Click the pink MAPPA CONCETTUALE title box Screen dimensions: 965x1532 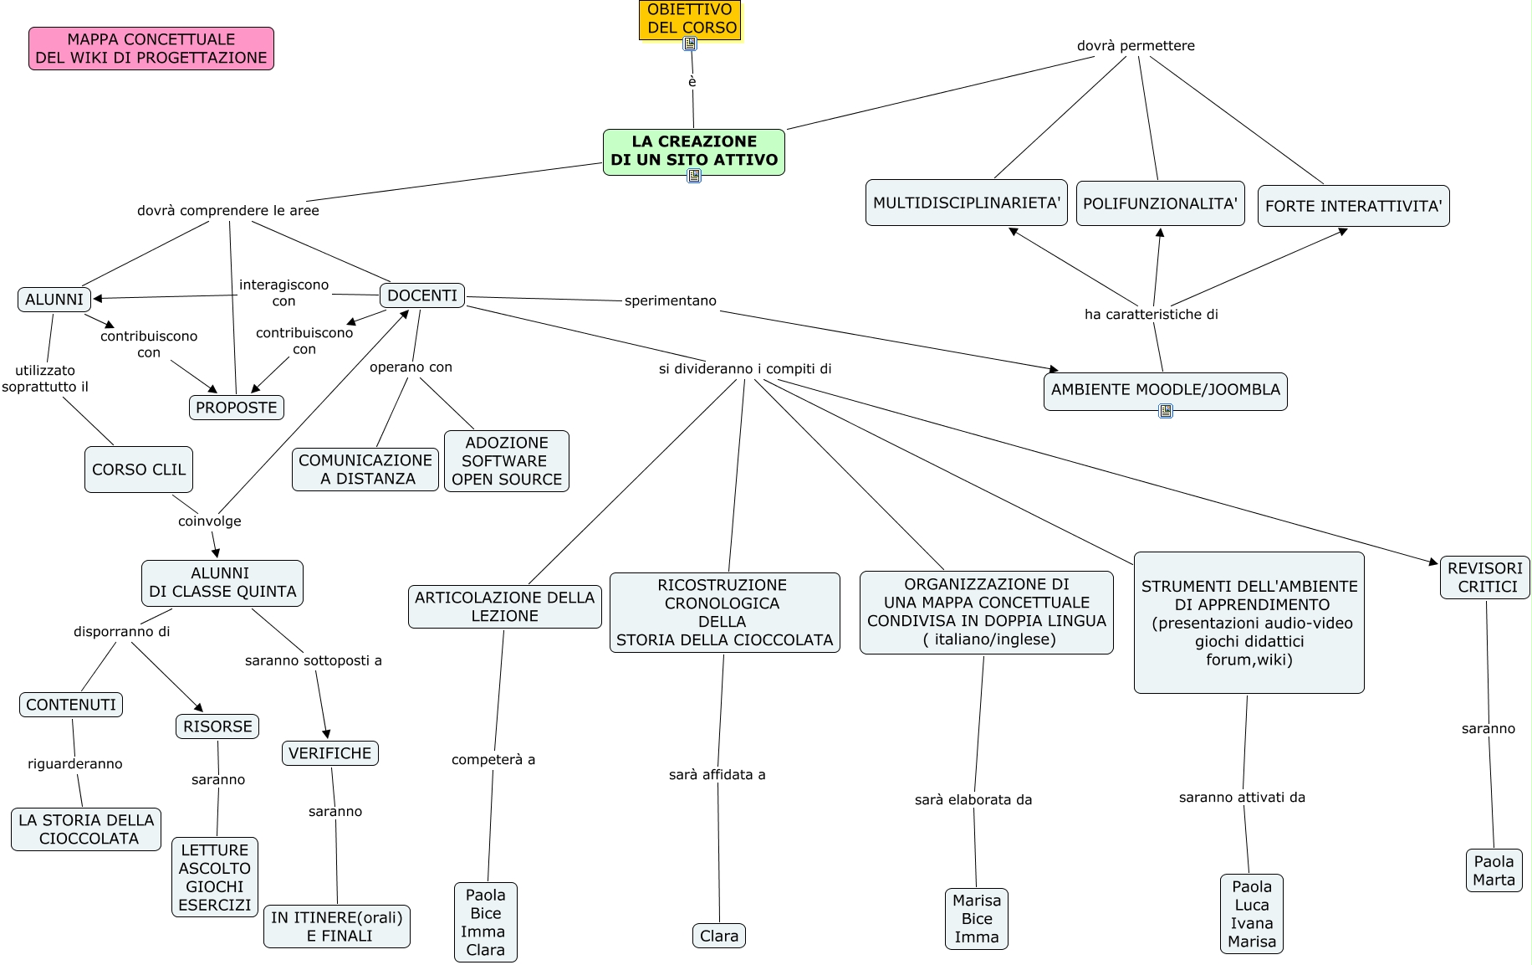151,49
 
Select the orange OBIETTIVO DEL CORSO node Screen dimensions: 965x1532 691,18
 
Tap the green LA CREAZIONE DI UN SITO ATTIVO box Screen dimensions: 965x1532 694,151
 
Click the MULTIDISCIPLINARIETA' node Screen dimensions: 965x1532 967,203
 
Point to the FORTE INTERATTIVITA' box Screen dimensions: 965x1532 1353,206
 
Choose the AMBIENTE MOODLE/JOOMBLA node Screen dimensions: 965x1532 1165,389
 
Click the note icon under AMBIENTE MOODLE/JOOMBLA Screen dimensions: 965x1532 1166,410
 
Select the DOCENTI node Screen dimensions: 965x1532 422,295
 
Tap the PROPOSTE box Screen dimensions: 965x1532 237,408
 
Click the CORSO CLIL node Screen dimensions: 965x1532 139,470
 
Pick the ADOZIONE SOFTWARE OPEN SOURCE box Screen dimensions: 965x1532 507,461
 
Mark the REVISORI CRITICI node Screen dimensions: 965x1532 1485,577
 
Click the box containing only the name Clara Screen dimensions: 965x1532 719,936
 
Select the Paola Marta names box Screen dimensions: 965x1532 1494,870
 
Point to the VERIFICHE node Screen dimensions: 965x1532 330,753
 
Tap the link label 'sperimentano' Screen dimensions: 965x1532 671,300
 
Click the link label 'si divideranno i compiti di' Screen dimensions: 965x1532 745,368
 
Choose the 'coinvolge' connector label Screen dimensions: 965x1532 210,521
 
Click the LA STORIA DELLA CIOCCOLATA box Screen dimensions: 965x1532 86,829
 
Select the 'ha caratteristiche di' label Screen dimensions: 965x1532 1152,314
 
